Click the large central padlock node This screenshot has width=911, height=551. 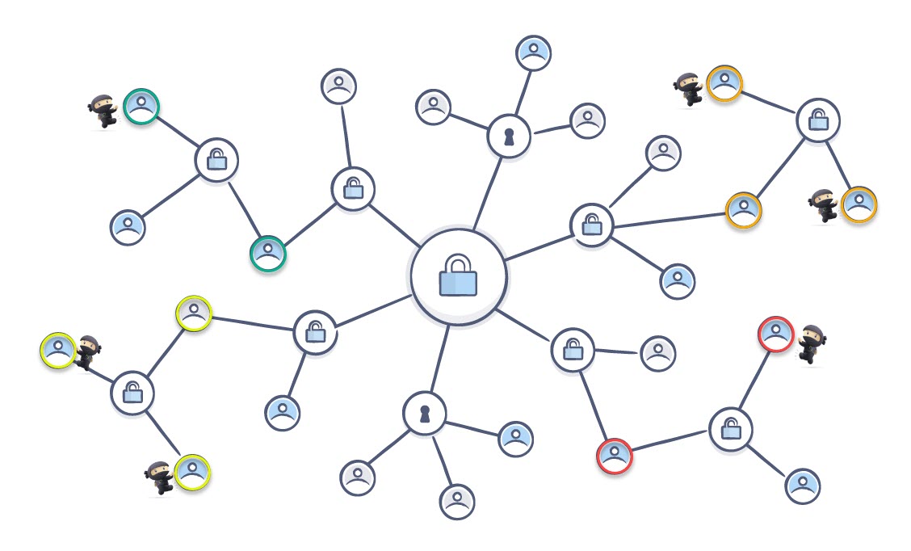click(x=458, y=276)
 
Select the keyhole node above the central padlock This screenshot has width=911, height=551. click(x=509, y=136)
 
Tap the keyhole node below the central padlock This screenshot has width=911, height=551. click(x=424, y=413)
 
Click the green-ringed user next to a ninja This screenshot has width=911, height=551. click(x=141, y=106)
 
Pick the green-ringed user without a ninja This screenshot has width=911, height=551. click(x=268, y=254)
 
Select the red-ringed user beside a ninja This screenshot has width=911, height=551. click(x=775, y=334)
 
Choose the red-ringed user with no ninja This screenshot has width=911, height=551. click(x=615, y=456)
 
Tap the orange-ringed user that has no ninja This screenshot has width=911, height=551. click(x=743, y=209)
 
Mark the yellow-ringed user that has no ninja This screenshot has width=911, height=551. click(x=194, y=313)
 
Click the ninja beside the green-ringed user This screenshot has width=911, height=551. click(x=104, y=111)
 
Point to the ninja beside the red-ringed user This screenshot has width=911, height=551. click(x=811, y=343)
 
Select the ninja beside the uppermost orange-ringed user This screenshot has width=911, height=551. click(x=689, y=89)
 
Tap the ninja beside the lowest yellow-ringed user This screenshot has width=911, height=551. click(x=159, y=477)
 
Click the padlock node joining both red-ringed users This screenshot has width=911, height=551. click(x=730, y=429)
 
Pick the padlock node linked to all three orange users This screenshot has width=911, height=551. click(x=818, y=120)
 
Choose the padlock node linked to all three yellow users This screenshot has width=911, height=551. click(x=132, y=393)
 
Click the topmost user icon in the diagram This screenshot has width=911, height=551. click(x=533, y=53)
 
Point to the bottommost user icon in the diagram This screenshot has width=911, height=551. click(x=457, y=501)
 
